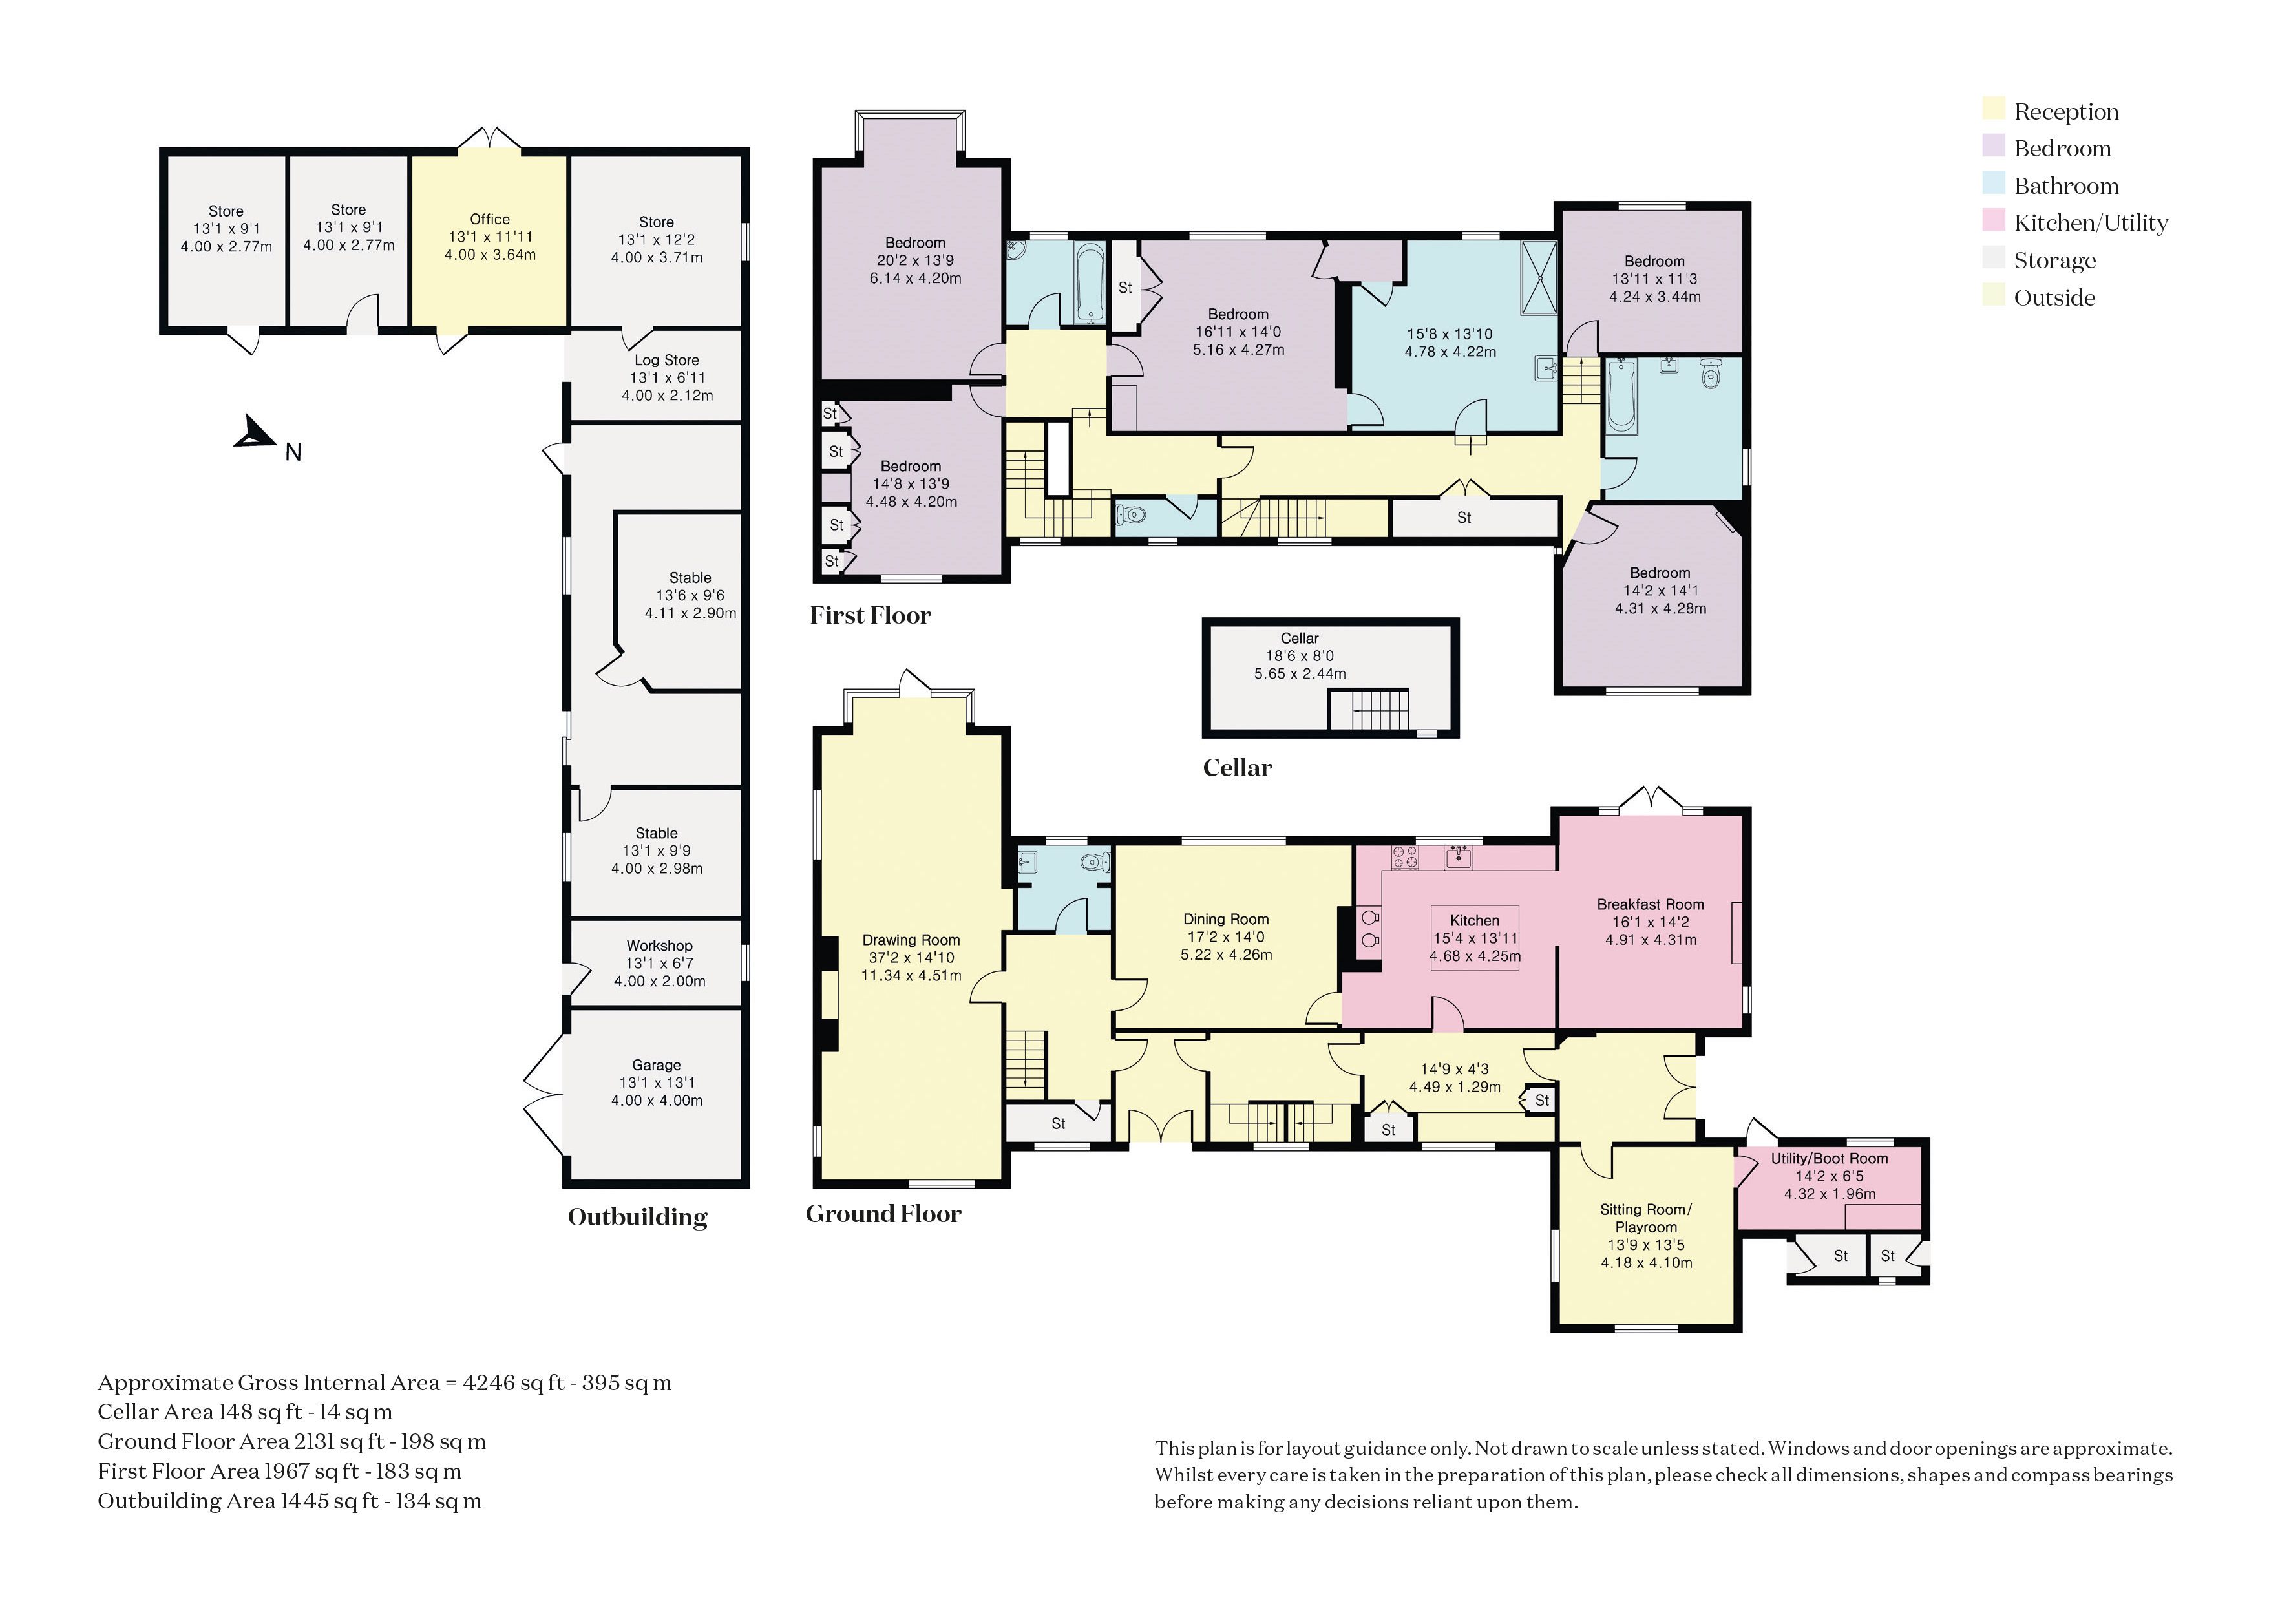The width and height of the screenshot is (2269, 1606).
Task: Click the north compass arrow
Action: point(255,432)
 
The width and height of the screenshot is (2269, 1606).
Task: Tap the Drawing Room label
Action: point(911,940)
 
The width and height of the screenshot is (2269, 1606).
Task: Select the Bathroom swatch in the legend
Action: point(1993,184)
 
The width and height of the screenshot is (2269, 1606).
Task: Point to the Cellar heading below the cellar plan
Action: point(1237,767)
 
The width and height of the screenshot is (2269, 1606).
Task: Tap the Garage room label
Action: point(657,1065)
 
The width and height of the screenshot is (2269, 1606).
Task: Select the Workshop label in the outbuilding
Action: point(659,946)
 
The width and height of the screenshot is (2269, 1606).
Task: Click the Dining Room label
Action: point(1226,920)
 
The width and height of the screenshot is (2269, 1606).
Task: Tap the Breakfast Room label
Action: point(1650,905)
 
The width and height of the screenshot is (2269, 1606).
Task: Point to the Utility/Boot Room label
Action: point(1829,1159)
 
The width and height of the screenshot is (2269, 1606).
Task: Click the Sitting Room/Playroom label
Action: point(1646,1218)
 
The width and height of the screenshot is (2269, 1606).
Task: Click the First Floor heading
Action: point(870,615)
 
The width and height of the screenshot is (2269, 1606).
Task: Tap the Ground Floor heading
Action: point(883,1214)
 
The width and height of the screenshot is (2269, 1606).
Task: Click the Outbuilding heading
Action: point(638,1216)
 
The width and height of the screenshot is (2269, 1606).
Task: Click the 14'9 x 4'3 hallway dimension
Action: point(1454,1069)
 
